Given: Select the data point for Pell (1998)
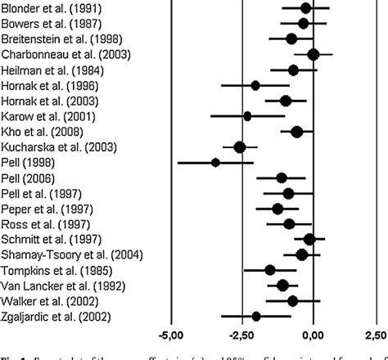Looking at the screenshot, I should (x=215, y=162).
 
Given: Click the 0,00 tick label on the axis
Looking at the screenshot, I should (x=314, y=335).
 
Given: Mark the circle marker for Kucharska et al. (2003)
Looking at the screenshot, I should (x=240, y=146).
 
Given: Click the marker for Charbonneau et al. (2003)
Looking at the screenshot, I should (x=314, y=54).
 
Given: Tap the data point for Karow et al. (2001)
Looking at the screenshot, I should (x=247, y=116).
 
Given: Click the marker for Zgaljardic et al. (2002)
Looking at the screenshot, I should (x=256, y=316).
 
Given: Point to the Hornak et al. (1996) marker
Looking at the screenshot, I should (x=255, y=85).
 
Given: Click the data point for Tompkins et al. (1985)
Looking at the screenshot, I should (x=270, y=270).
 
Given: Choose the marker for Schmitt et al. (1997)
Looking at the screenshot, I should (x=309, y=239).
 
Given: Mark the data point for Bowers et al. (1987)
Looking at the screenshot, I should (x=304, y=23).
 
